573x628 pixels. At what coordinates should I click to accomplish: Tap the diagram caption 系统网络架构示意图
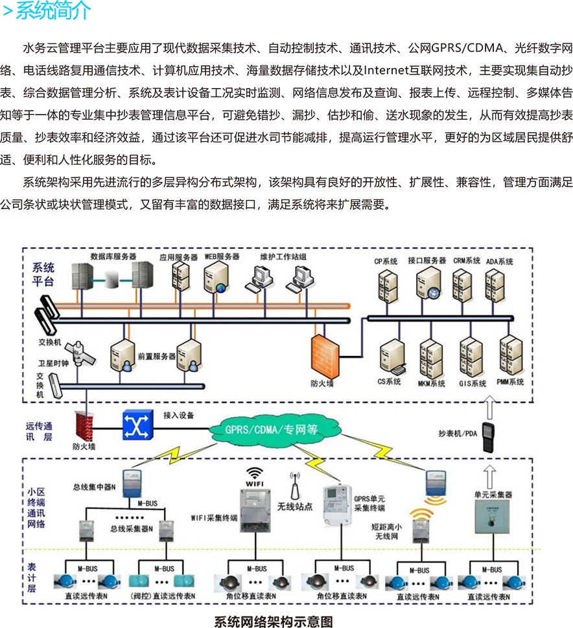274,622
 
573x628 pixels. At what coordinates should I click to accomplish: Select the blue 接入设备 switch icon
137,423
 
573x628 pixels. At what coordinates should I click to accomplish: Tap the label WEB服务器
222,257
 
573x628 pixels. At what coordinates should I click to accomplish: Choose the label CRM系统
467,261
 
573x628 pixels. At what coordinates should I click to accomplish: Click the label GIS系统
473,383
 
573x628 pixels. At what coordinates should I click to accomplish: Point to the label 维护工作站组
283,257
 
